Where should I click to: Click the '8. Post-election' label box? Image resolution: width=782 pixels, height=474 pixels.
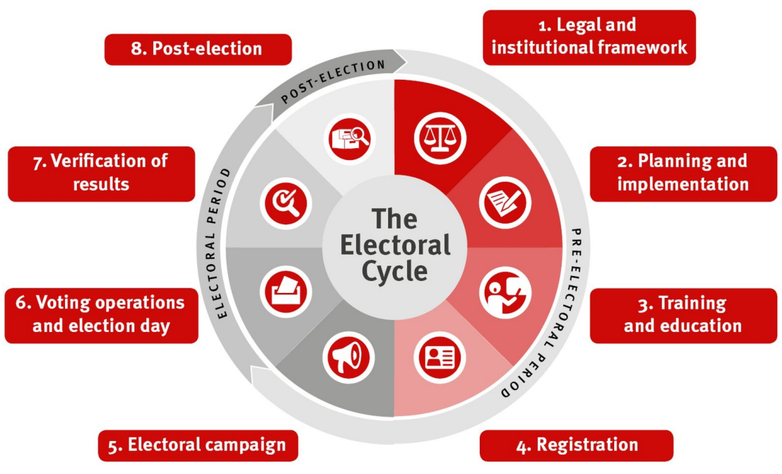click(198, 49)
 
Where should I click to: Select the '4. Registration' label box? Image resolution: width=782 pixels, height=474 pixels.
click(576, 445)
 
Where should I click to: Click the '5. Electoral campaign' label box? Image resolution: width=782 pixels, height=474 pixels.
click(198, 445)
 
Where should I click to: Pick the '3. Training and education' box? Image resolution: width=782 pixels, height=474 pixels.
click(683, 315)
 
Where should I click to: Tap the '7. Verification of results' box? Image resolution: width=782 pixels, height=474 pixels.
click(101, 173)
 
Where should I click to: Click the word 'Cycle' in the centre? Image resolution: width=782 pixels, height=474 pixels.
click(394, 271)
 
